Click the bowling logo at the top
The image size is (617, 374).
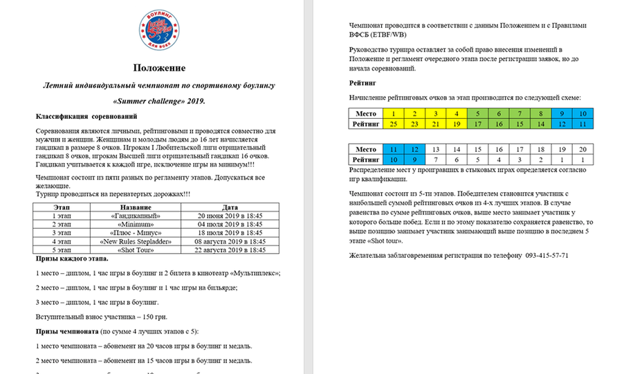160,30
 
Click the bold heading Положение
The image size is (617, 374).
160,68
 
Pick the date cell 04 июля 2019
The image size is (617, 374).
230,225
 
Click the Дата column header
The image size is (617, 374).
230,207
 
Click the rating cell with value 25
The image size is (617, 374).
393,124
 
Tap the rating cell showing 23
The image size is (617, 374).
414,124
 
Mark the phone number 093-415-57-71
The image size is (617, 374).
546,255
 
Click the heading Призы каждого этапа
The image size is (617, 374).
72,259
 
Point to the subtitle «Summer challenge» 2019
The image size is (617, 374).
159,101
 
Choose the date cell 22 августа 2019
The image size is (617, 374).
230,250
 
